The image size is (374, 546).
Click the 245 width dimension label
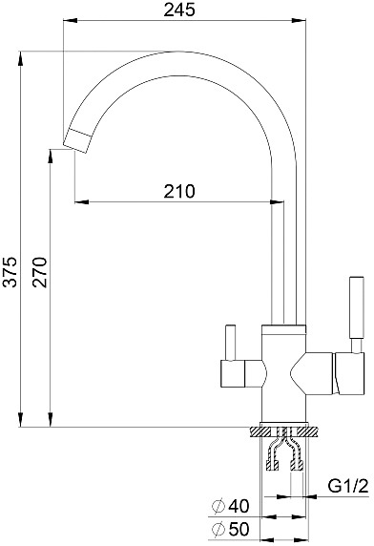pyautogui.click(x=179, y=10)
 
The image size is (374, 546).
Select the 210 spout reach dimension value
pyautogui.click(x=179, y=191)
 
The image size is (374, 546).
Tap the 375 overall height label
pyautogui.click(x=10, y=272)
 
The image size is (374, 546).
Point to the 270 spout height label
pyautogui.click(x=39, y=272)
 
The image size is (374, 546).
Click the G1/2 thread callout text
pyautogui.click(x=348, y=486)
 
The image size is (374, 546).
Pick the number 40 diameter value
pyautogui.click(x=239, y=506)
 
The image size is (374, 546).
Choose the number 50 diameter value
pyautogui.click(x=239, y=529)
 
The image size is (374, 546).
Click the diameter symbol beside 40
pyautogui.click(x=218, y=506)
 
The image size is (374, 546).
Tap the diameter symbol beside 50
pyautogui.click(x=218, y=529)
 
